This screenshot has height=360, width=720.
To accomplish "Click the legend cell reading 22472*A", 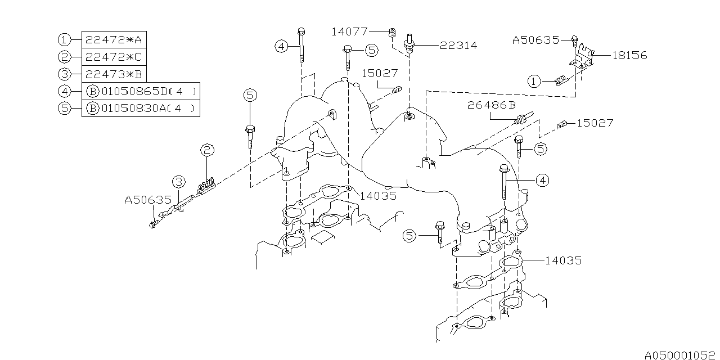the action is (114, 40).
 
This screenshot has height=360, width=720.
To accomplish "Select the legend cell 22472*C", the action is (114, 57).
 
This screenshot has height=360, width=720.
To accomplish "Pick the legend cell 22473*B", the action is (114, 74).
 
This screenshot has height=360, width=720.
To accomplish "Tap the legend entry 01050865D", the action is (141, 91).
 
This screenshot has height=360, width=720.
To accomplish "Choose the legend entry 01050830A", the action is (141, 108).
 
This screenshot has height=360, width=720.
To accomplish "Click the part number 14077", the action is (349, 31).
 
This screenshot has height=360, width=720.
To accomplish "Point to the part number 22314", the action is (458, 46).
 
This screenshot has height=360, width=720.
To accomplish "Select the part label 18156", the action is (629, 55).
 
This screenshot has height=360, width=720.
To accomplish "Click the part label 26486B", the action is (492, 105).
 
